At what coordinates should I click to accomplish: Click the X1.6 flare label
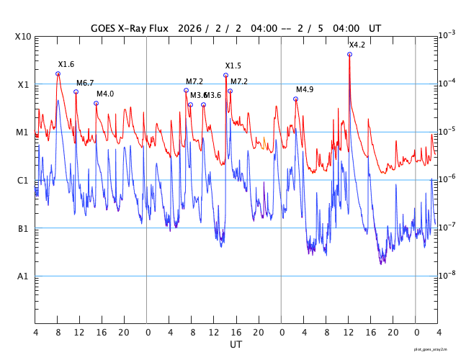pyautogui.click(x=66, y=65)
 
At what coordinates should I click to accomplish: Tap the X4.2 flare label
pyautogui.click(x=357, y=45)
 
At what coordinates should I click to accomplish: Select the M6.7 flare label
pyautogui.click(x=85, y=84)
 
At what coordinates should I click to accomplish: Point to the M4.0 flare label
pyautogui.click(x=105, y=94)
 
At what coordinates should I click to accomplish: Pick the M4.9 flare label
pyautogui.click(x=305, y=90)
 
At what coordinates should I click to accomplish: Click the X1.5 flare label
pyautogui.click(x=233, y=66)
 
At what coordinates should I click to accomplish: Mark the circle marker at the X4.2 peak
pyautogui.click(x=349, y=54)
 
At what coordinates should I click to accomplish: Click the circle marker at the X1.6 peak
pyautogui.click(x=58, y=73)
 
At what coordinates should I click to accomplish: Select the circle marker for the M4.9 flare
pyautogui.click(x=295, y=99)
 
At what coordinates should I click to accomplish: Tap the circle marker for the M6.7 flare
pyautogui.click(x=76, y=91)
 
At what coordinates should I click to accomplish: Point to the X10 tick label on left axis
pyautogui.click(x=24, y=37)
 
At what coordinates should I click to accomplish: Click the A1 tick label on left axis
pyautogui.click(x=24, y=276)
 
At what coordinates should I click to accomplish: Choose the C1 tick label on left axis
pyautogui.click(x=24, y=181)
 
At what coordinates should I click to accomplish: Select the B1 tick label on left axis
pyautogui.click(x=24, y=229)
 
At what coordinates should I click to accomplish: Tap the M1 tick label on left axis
pyautogui.click(x=24, y=132)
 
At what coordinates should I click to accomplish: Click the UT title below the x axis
pyautogui.click(x=236, y=345)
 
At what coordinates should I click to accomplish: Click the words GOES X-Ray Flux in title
pyautogui.click(x=130, y=29)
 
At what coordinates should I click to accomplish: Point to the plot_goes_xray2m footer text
pyautogui.click(x=435, y=349)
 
